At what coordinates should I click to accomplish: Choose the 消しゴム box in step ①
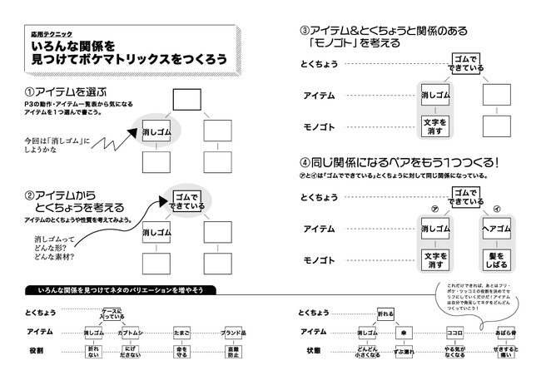pyautogui.click(x=158, y=131)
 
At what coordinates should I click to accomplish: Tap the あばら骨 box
pyautogui.click(x=505, y=333)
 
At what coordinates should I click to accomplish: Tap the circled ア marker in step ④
pyautogui.click(x=434, y=210)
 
